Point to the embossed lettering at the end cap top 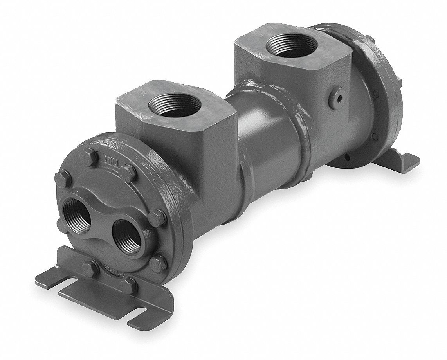pyautogui.click(x=113, y=161)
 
